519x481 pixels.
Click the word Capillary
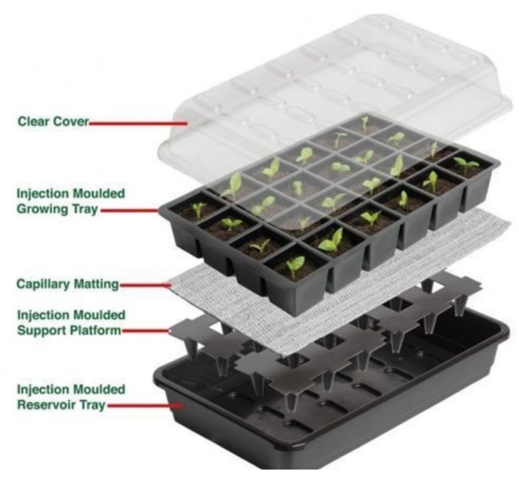pyautogui.click(x=44, y=284)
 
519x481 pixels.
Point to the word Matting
pyautogui.click(x=96, y=284)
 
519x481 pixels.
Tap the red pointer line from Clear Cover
pyautogui.click(x=138, y=124)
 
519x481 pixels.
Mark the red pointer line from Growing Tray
pyautogui.click(x=130, y=210)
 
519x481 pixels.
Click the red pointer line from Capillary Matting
pyautogui.click(x=145, y=285)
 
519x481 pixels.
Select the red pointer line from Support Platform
pyautogui.click(x=146, y=331)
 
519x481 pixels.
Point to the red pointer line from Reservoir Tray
pyautogui.click(x=145, y=405)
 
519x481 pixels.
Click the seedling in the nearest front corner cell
pyautogui.click(x=295, y=266)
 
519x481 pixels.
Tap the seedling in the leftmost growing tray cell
pyautogui.click(x=198, y=210)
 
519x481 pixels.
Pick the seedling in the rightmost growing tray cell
pyautogui.click(x=466, y=164)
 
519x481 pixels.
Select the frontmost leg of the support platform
pyautogui.click(x=291, y=402)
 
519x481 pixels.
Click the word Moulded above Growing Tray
pyautogui.click(x=98, y=194)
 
